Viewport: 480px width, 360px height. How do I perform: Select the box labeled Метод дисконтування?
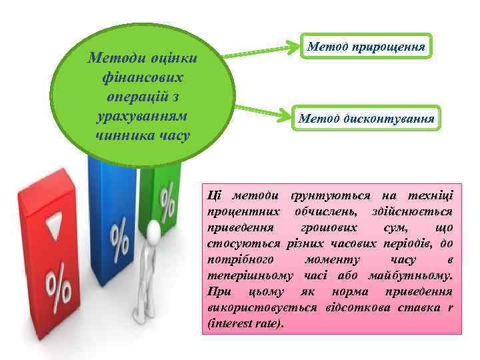click(366, 119)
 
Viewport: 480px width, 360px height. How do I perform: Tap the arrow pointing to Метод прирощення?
click(264, 51)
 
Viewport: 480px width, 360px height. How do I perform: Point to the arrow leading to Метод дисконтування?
click(264, 111)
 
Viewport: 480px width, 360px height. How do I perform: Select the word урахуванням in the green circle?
click(144, 117)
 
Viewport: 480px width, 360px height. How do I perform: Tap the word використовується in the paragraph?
click(256, 307)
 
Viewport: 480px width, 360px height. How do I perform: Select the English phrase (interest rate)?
click(245, 323)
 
